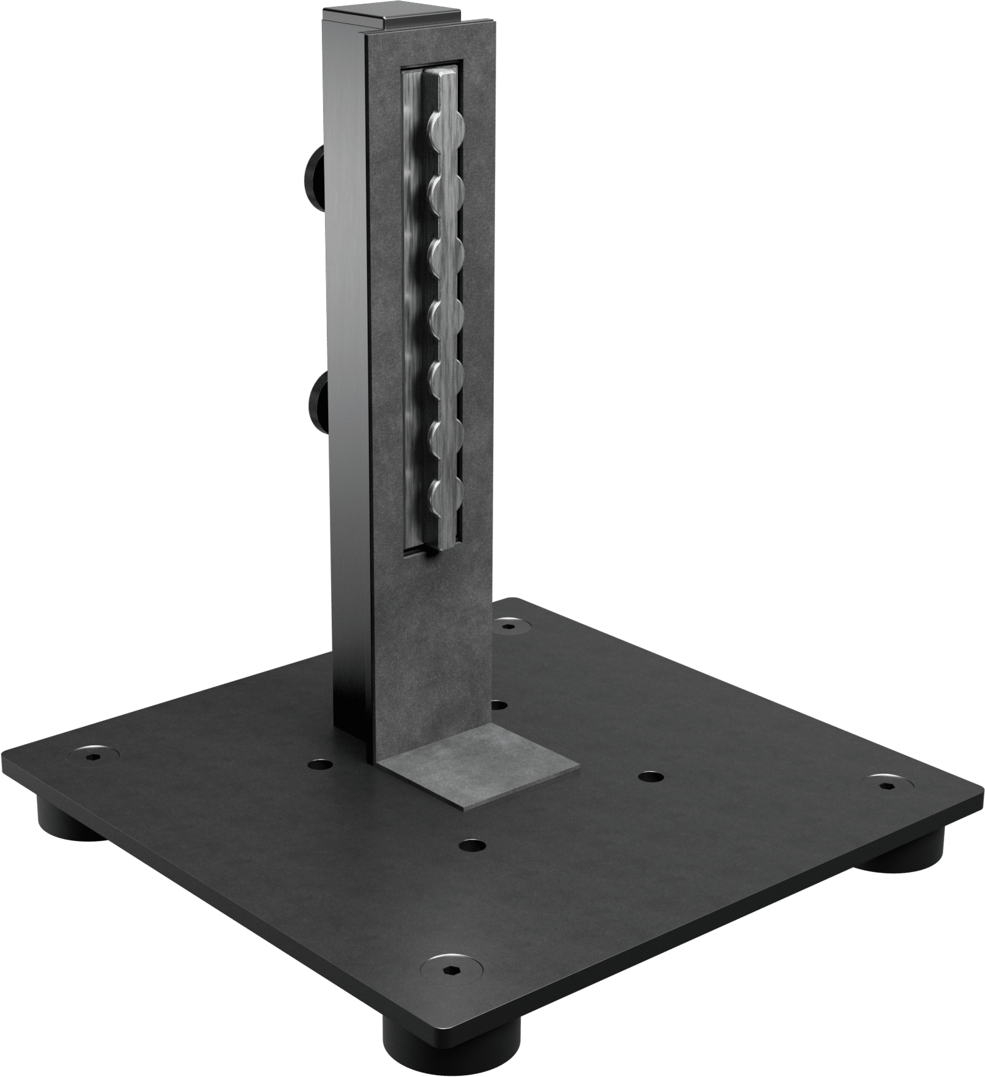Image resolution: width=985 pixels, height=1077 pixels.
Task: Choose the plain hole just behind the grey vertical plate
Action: click(499, 704)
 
